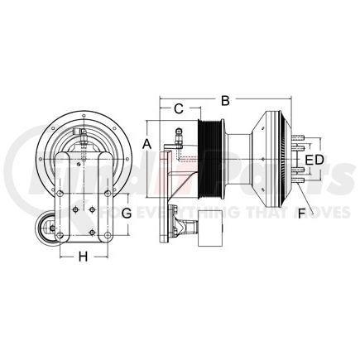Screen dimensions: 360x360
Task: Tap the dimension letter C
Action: click(x=177, y=108)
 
